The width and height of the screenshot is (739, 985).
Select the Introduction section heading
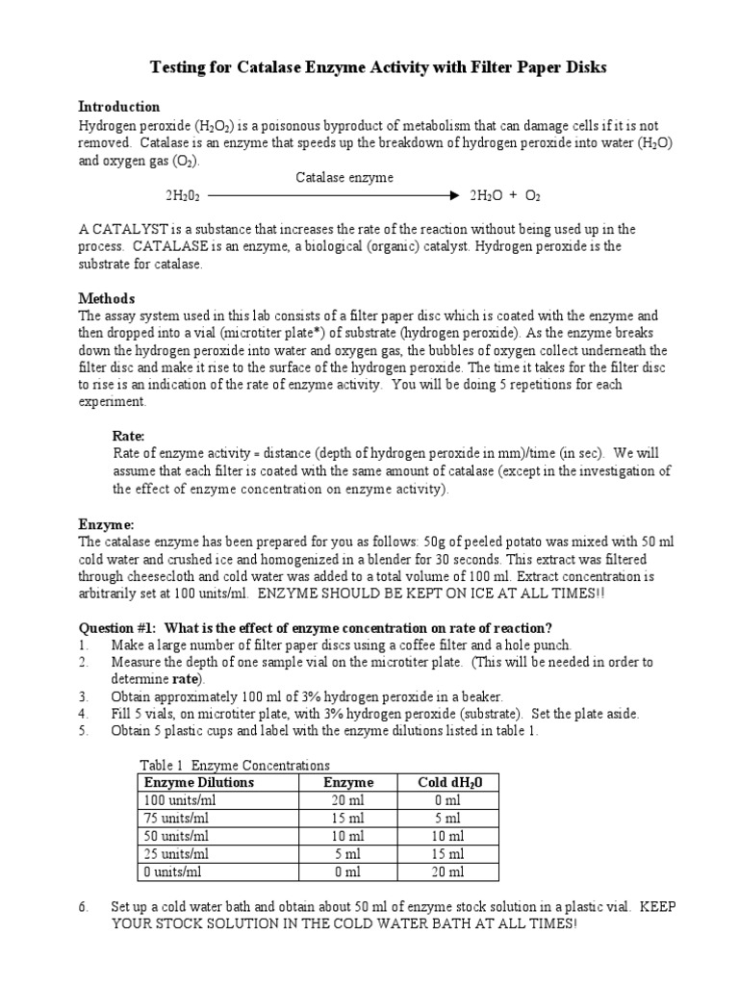pyautogui.click(x=118, y=107)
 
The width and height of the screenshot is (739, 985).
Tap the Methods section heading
pyautogui.click(x=106, y=298)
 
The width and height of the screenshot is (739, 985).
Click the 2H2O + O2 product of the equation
pyautogui.click(x=504, y=195)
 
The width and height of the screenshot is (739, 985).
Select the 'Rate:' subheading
pyautogui.click(x=129, y=436)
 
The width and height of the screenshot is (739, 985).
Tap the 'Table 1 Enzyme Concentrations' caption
pyautogui.click(x=234, y=765)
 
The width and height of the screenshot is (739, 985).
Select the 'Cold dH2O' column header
pyautogui.click(x=449, y=783)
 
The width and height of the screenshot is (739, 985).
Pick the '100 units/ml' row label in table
pyautogui.click(x=176, y=800)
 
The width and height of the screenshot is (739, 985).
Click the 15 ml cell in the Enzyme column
pyautogui.click(x=347, y=818)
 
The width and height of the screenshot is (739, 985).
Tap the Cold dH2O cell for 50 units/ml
pyautogui.click(x=448, y=836)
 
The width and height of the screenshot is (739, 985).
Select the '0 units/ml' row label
pyautogui.click(x=172, y=871)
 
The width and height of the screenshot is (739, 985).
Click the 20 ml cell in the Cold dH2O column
pyautogui.click(x=448, y=871)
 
